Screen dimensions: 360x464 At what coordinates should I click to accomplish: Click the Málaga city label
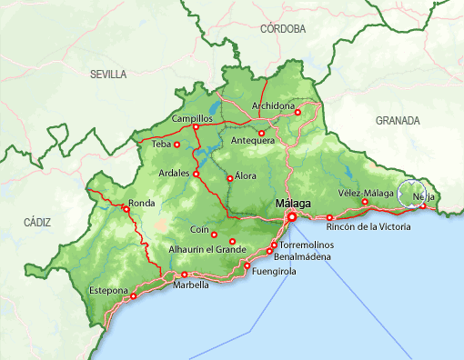(x=292, y=204)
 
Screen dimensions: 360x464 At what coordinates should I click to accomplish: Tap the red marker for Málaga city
(x=292, y=217)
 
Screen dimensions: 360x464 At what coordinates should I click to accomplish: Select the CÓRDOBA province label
(x=282, y=29)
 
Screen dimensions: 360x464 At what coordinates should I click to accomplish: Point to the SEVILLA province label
(x=108, y=75)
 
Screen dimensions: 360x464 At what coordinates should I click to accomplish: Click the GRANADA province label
(x=398, y=120)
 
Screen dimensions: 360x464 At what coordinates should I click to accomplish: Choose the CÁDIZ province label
(x=38, y=221)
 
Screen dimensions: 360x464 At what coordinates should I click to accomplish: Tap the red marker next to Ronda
(x=126, y=209)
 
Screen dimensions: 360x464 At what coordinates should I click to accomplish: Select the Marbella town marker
(x=185, y=275)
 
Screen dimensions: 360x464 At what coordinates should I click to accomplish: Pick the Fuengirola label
(x=274, y=271)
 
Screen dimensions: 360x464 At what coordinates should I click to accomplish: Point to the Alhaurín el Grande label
(x=207, y=249)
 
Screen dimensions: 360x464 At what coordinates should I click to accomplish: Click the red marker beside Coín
(x=214, y=235)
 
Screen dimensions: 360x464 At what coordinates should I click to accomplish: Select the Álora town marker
(x=229, y=178)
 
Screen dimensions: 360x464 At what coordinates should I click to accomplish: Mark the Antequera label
(x=253, y=141)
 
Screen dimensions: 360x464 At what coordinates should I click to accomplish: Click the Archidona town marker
(x=298, y=112)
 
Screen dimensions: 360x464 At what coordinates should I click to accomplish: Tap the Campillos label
(x=191, y=119)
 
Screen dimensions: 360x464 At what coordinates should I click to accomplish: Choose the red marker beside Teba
(x=177, y=145)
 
